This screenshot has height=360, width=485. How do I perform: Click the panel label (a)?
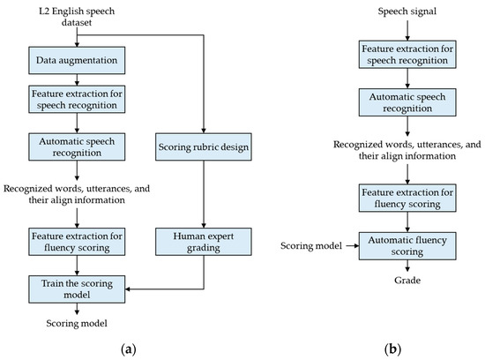[x=132, y=349]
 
